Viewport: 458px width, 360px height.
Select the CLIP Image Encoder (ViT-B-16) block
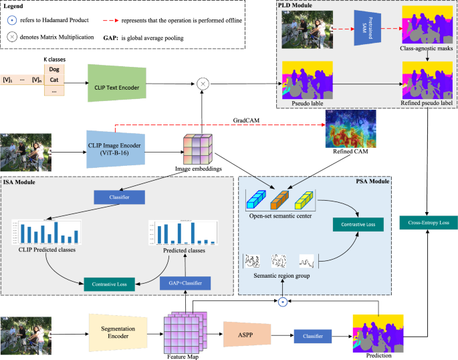click(x=116, y=144)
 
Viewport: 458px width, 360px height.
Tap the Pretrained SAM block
click(x=372, y=29)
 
